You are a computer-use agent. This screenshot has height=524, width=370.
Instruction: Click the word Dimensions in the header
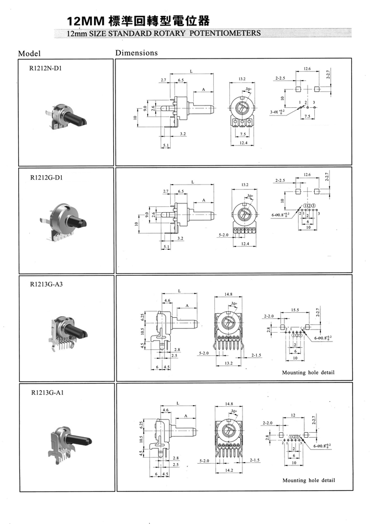(136, 53)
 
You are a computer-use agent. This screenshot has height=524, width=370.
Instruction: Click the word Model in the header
(30, 54)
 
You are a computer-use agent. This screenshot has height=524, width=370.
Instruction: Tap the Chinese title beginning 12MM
(138, 22)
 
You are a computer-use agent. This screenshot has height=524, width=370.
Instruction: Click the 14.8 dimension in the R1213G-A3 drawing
(229, 295)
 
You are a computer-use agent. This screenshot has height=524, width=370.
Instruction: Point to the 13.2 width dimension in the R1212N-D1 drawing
(242, 80)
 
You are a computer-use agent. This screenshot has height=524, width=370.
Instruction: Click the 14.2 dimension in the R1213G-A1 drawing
(229, 470)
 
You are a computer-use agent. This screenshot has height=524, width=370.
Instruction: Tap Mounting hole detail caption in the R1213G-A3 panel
(308, 373)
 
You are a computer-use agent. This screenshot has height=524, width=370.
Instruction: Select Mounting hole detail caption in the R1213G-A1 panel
(308, 480)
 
